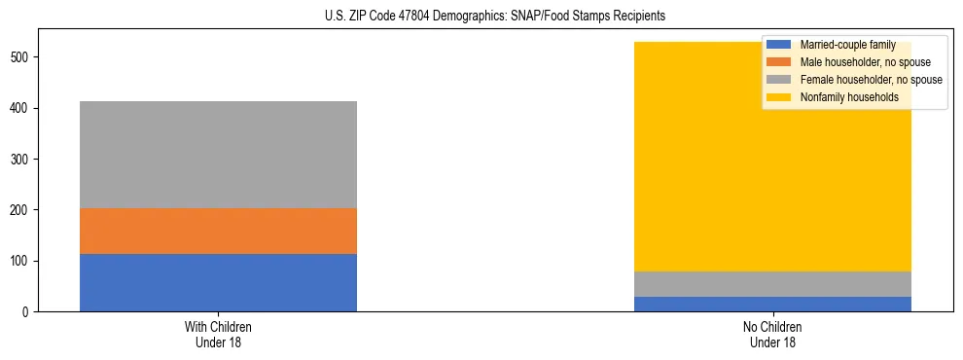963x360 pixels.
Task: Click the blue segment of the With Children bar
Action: [218, 282]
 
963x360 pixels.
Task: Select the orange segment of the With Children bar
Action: [218, 231]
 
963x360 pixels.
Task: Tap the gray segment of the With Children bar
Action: [218, 155]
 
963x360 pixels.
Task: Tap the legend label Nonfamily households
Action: [848, 97]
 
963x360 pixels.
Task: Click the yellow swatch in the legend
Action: [779, 97]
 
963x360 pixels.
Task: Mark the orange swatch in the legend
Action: [779, 62]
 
